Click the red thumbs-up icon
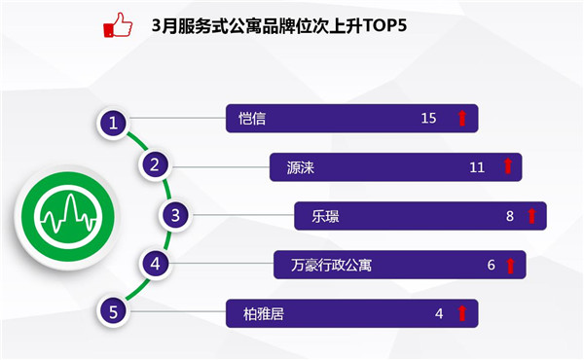click(x=118, y=25)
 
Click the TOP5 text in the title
click(x=384, y=25)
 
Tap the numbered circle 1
click(x=113, y=123)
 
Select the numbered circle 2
click(x=155, y=164)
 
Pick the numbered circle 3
click(x=175, y=215)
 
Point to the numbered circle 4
click(x=155, y=264)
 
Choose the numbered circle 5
click(x=113, y=311)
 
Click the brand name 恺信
click(x=252, y=119)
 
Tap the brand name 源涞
click(x=301, y=167)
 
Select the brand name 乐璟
click(x=325, y=216)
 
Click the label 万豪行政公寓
click(x=331, y=265)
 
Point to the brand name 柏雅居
click(x=264, y=314)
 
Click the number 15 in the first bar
click(x=428, y=118)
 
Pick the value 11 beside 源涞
click(x=477, y=167)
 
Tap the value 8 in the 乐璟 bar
click(x=510, y=216)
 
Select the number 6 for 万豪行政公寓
click(x=492, y=265)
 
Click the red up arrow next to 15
click(x=461, y=118)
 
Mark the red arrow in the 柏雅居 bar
click(x=461, y=313)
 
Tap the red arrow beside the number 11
click(x=508, y=166)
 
